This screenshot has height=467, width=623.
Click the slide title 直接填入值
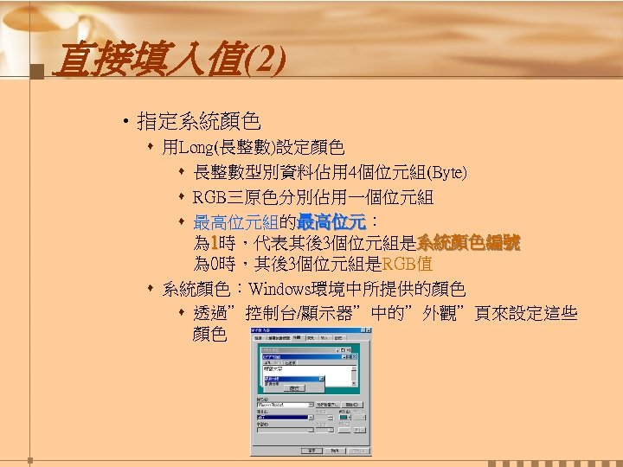click(x=147, y=61)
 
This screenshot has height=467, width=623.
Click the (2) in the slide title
click(x=264, y=61)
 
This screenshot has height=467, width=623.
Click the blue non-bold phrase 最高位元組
click(x=229, y=222)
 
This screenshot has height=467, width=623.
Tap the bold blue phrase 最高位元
click(x=331, y=222)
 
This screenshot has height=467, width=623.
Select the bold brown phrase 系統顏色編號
click(x=468, y=244)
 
